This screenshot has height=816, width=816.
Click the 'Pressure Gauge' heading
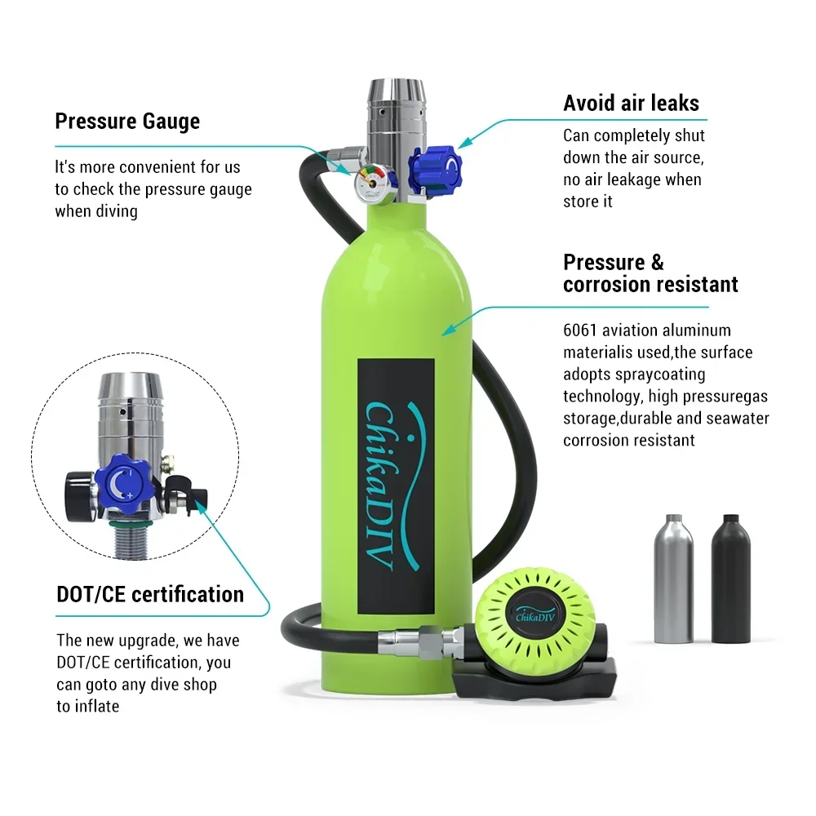[127, 122]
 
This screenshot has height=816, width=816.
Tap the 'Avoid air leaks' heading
[631, 104]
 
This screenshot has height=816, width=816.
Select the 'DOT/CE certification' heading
[150, 594]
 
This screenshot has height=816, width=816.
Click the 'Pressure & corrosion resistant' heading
[650, 273]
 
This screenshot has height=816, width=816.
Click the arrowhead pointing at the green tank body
[446, 330]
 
